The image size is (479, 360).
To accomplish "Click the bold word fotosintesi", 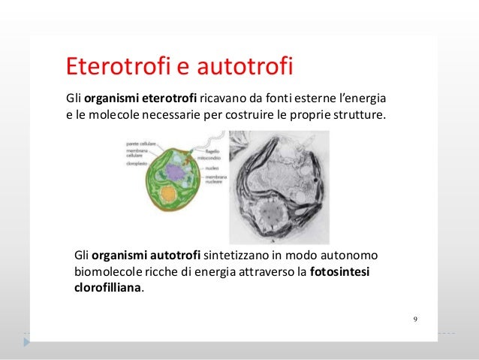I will pos(344,271).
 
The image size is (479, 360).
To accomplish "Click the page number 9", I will pos(415,319).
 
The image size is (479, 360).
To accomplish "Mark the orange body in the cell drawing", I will pos(169,195).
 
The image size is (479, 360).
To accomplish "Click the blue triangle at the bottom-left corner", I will pos(27,341).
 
